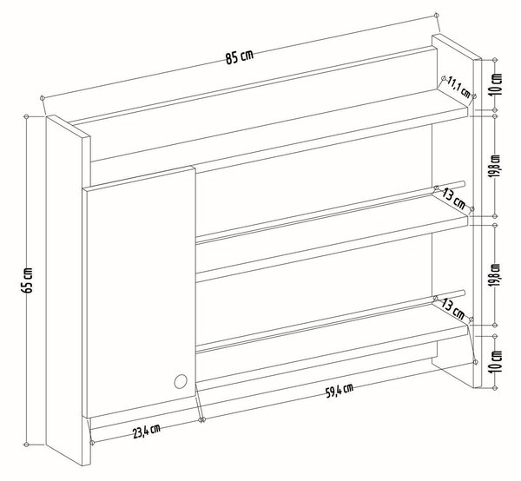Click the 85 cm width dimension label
[x=240, y=56]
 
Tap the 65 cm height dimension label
[x=27, y=280]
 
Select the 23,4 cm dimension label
[x=147, y=431]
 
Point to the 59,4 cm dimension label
[x=340, y=391]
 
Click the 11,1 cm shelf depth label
[x=459, y=87]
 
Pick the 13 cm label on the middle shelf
[x=453, y=199]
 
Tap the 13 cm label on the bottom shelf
[x=452, y=308]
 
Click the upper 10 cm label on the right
[x=497, y=84]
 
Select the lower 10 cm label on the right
[x=497, y=361]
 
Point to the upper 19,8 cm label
[x=497, y=166]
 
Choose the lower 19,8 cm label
[x=497, y=275]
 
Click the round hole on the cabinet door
[x=181, y=381]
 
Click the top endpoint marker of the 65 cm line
[x=27, y=116]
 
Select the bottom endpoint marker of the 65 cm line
[x=27, y=445]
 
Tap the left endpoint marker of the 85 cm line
[x=42, y=98]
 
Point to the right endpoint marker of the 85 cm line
[x=436, y=16]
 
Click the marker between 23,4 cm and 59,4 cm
[x=201, y=420]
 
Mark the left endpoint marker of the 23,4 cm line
[x=92, y=443]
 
